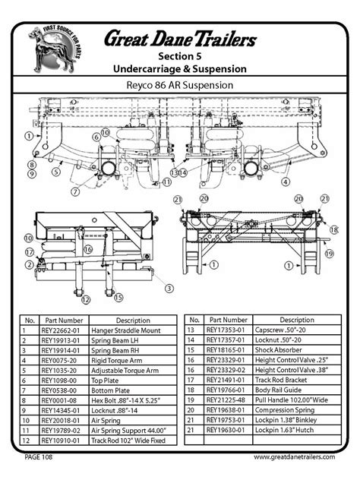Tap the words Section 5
[180, 57]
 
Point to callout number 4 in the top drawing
[286, 182]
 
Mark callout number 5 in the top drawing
[55, 172]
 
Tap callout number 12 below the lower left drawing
[86, 299]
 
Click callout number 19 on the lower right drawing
[330, 254]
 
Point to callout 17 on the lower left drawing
[29, 251]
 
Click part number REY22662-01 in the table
[62, 331]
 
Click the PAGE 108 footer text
[39, 457]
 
